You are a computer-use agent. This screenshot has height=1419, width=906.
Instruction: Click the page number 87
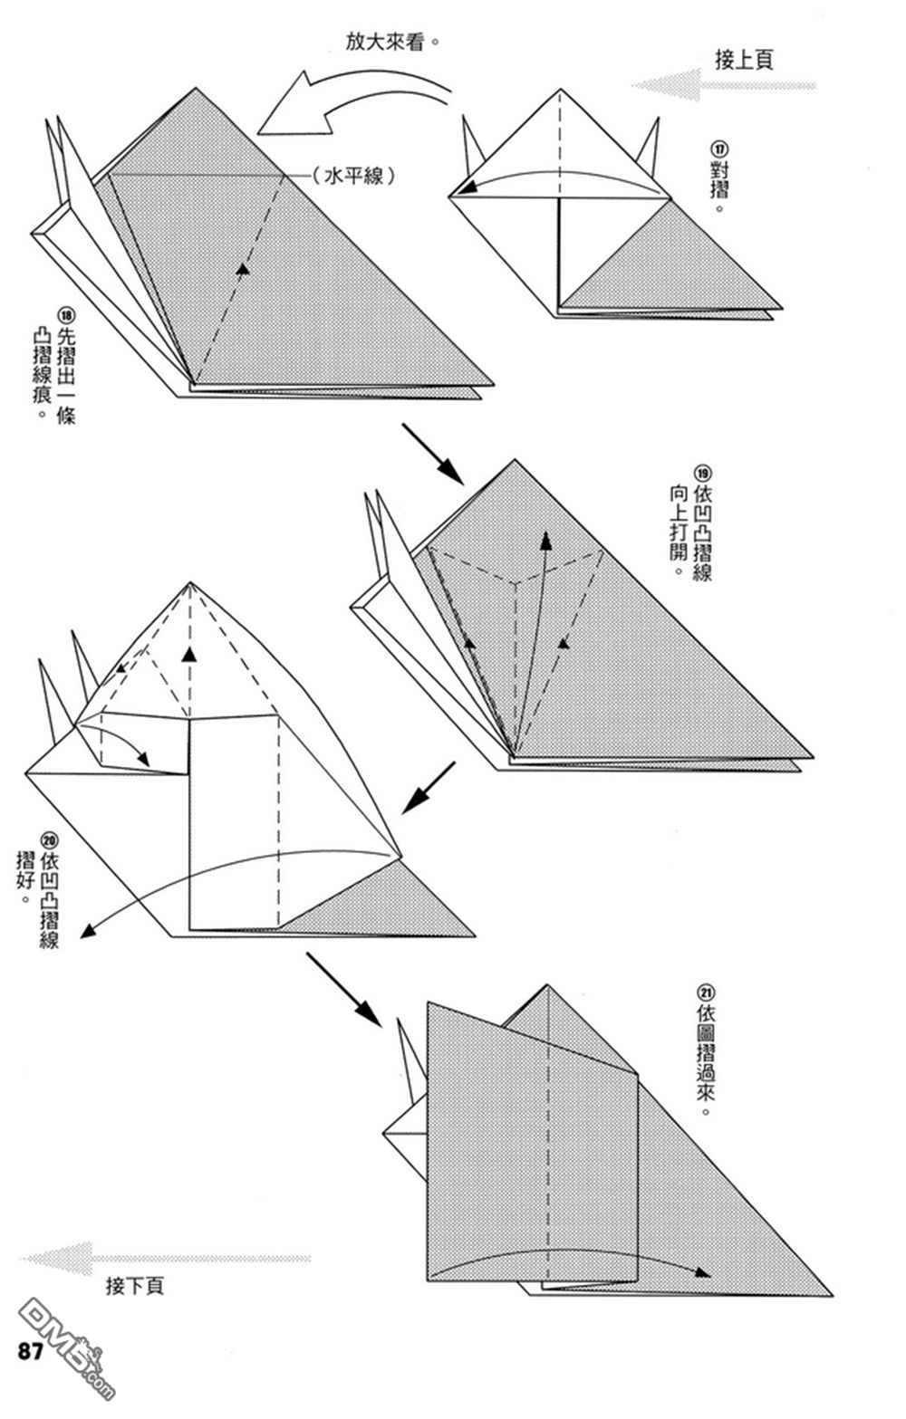30,1352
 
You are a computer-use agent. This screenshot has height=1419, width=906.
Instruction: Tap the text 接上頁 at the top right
743,61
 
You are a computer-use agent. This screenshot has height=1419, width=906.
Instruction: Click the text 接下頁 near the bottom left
135,1286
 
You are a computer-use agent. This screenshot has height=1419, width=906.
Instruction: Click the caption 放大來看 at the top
385,42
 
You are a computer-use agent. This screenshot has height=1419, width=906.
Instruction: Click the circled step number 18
66,316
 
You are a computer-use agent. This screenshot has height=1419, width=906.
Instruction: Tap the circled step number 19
703,473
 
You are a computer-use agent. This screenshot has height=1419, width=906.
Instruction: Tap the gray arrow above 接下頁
163,1258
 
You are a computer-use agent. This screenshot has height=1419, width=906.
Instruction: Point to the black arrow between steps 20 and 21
344,989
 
